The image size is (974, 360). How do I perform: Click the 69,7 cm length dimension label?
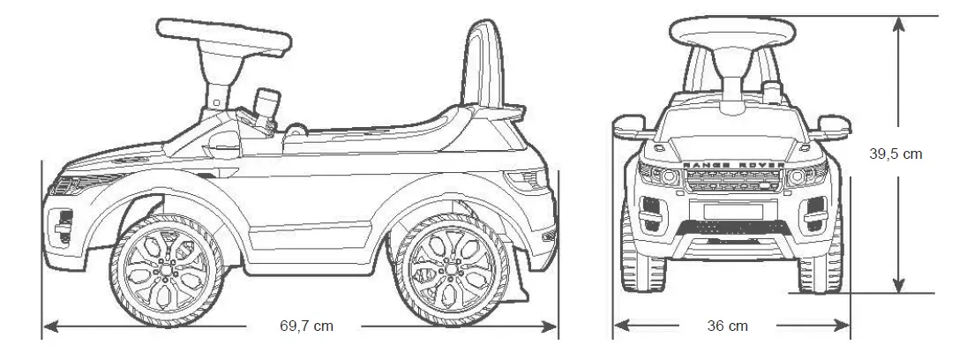click(306, 326)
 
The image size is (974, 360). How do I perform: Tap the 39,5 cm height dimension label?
click(895, 154)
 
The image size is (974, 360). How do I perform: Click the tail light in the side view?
click(529, 182)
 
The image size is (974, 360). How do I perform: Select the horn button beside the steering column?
click(265, 107)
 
